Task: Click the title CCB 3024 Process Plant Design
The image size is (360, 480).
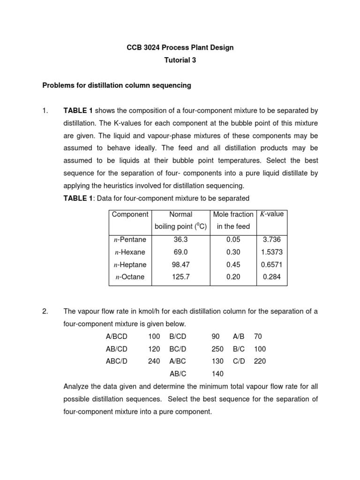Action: pyautogui.click(x=180, y=47)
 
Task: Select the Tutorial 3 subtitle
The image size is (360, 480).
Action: pyautogui.click(x=180, y=60)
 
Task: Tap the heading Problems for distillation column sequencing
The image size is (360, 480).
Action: pyautogui.click(x=117, y=85)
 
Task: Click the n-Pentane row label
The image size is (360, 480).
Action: pyautogui.click(x=130, y=240)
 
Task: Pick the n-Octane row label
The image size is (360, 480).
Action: pyautogui.click(x=129, y=277)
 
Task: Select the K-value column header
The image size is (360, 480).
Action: pyautogui.click(x=271, y=214)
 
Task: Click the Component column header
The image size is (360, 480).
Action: pyautogui.click(x=130, y=214)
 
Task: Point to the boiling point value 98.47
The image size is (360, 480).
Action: pyautogui.click(x=180, y=265)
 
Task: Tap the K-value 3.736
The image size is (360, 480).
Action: pyautogui.click(x=271, y=240)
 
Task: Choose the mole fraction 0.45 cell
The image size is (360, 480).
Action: pyautogui.click(x=233, y=265)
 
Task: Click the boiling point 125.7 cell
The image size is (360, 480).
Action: pyautogui.click(x=180, y=277)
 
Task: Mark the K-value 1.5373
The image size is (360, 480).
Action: pyautogui.click(x=271, y=252)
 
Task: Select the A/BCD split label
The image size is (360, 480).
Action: pyautogui.click(x=117, y=337)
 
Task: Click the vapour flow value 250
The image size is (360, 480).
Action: pyautogui.click(x=217, y=349)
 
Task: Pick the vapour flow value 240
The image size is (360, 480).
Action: pyautogui.click(x=154, y=361)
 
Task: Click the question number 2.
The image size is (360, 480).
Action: pyautogui.click(x=45, y=312)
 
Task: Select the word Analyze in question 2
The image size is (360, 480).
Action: pyautogui.click(x=76, y=387)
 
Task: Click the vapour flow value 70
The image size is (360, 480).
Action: pyautogui.click(x=258, y=337)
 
